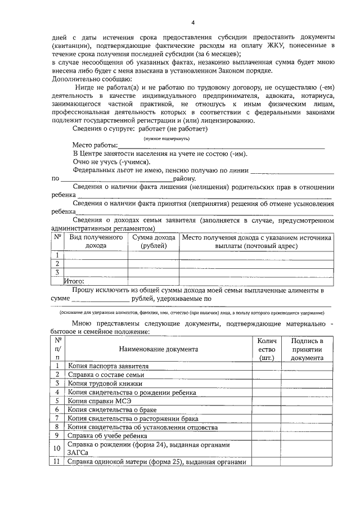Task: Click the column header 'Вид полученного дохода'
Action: click(x=96, y=242)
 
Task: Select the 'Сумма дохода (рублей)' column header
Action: click(x=154, y=242)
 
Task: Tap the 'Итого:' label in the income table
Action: click(x=74, y=281)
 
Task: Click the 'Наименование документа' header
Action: click(x=158, y=349)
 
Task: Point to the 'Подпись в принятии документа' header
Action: click(x=307, y=349)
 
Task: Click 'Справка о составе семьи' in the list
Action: click(x=106, y=375)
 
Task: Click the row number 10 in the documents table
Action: click(x=57, y=448)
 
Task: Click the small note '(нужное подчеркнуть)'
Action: click(x=166, y=138)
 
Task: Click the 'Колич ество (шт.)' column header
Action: click(x=266, y=349)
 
